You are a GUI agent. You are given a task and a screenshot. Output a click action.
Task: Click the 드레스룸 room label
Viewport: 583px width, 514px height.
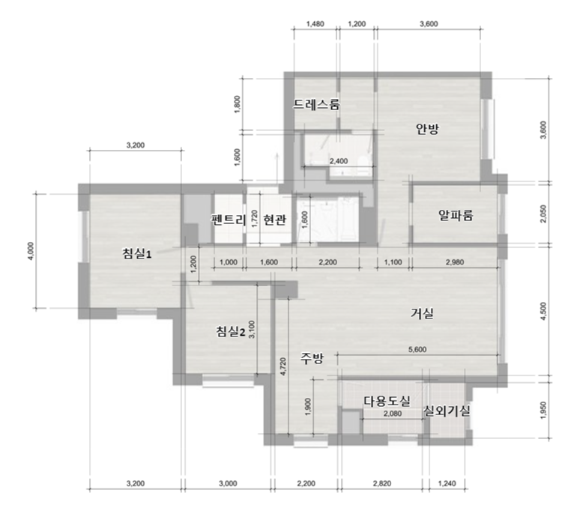coord(316,104)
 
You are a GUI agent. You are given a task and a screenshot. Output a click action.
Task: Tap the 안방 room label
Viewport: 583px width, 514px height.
coord(427,129)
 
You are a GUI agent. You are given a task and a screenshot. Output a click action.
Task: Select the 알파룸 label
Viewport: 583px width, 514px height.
coord(456,215)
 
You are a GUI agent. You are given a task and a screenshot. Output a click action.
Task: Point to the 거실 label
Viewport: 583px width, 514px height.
coord(422,313)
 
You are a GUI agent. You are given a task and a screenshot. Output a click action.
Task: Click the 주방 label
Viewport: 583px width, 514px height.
coord(312,358)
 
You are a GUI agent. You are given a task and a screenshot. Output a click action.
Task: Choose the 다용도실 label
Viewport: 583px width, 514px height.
coord(387,401)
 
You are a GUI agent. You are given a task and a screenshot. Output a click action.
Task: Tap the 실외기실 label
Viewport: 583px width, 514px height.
coord(447,411)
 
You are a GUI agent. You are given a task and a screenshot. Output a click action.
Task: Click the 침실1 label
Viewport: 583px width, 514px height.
coord(137,254)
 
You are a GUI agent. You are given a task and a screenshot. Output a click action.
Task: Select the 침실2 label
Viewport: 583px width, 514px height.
coord(231,331)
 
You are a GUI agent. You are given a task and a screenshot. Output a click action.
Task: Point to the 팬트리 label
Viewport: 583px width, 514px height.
coord(229,220)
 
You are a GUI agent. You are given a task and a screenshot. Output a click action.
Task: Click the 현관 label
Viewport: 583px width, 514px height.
coord(275,220)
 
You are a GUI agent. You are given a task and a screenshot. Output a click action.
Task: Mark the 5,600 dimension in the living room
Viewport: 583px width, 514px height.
coord(417,349)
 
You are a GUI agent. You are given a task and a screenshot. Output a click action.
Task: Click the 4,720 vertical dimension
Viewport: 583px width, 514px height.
coord(283,366)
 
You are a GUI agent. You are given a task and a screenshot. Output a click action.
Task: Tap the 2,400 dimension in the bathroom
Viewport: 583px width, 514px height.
coord(339,161)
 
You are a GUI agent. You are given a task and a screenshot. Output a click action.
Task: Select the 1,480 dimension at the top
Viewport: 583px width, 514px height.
coord(315,24)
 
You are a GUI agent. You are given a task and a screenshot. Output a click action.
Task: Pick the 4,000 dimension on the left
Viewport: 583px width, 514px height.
coord(31,251)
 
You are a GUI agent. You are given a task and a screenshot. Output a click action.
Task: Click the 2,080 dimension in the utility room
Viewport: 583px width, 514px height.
coord(393,414)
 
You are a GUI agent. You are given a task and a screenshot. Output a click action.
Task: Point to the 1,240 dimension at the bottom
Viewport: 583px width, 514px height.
coord(447,483)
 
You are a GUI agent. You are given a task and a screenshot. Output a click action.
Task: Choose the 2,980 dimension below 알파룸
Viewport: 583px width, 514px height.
coord(455,262)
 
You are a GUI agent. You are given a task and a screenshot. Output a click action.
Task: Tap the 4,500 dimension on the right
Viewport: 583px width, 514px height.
coord(544,312)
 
